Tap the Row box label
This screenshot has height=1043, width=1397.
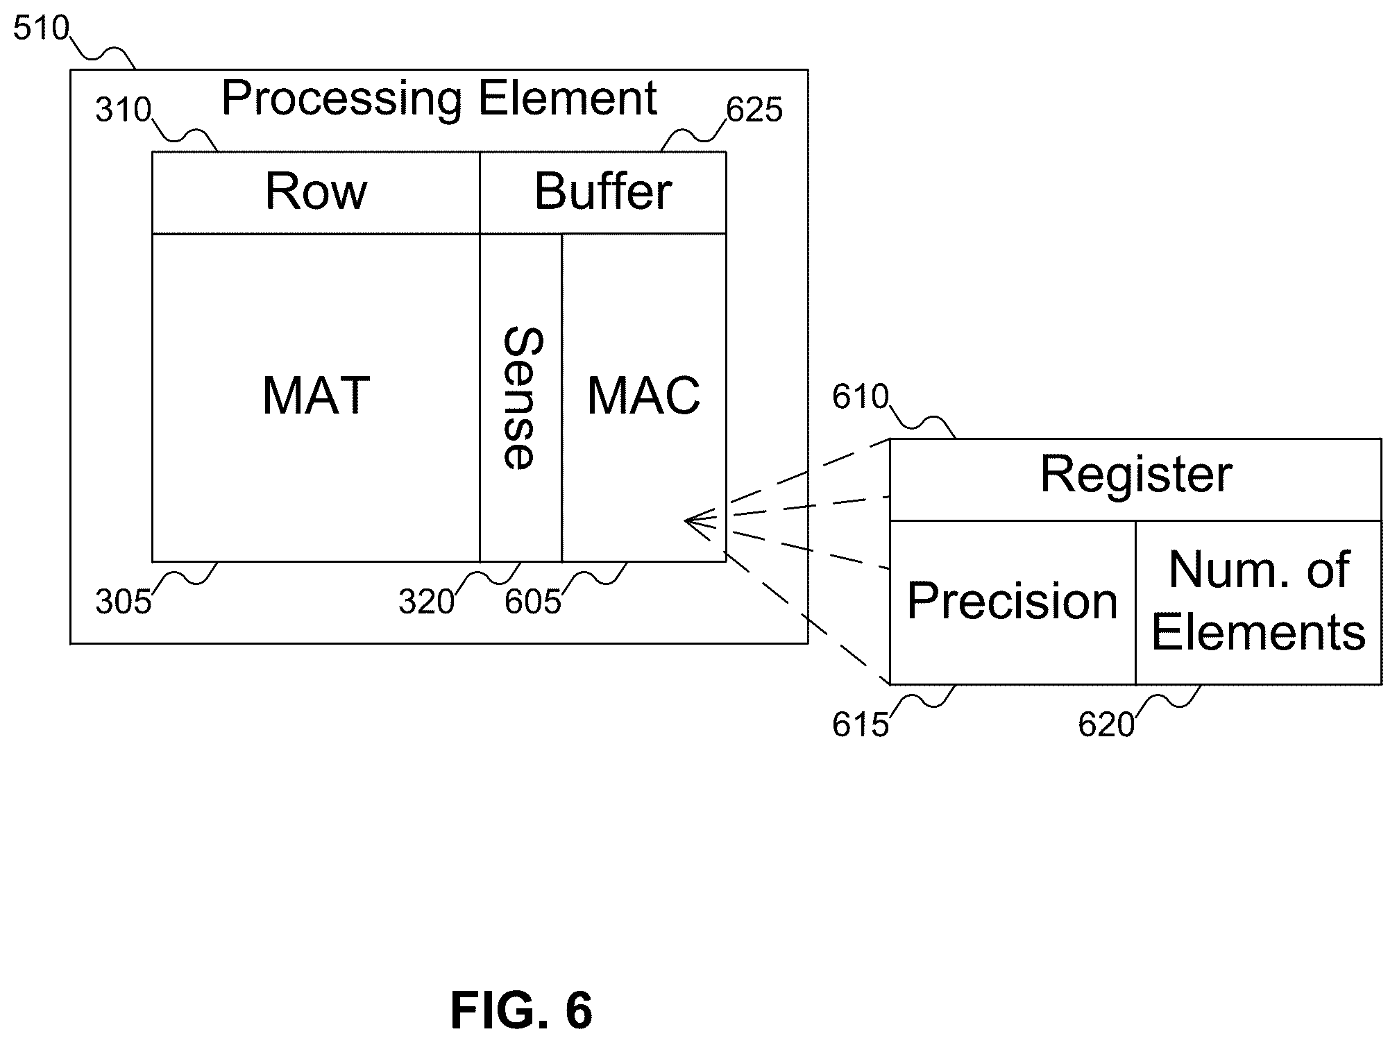coord(316,192)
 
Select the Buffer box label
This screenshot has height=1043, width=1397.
coord(603,192)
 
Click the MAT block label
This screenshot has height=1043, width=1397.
coord(316,396)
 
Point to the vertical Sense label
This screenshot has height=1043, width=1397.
coord(521,398)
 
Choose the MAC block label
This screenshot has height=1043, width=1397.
coord(644,396)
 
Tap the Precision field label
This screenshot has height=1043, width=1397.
coord(1013,601)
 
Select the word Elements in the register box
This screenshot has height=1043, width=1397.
coord(1258,632)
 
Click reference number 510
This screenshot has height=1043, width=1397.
coord(42,29)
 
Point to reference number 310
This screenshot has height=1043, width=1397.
coord(124,110)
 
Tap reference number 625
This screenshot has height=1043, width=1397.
coord(754,110)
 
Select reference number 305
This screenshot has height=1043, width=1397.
coord(124,602)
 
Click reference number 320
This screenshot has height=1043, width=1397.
coord(426,602)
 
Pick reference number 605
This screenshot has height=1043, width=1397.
coord(533,602)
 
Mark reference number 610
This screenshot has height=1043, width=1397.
coord(861,398)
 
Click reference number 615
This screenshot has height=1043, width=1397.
coord(861,725)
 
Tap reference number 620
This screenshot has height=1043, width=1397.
coord(1106,725)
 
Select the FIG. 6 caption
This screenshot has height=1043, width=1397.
coord(522,1010)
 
